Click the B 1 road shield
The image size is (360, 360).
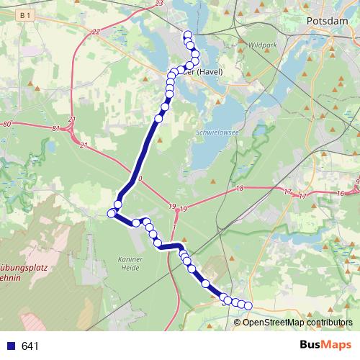click(26, 14)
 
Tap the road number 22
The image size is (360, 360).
click(96, 32)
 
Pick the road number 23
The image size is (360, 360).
click(158, 4)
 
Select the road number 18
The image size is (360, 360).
click(240, 188)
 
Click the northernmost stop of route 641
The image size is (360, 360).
click(188, 35)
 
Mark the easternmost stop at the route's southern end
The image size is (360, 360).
click(248, 305)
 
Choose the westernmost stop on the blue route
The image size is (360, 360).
click(112, 213)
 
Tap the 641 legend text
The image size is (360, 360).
click(30, 346)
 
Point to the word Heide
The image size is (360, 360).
click(130, 268)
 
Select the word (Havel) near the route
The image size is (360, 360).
click(207, 72)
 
